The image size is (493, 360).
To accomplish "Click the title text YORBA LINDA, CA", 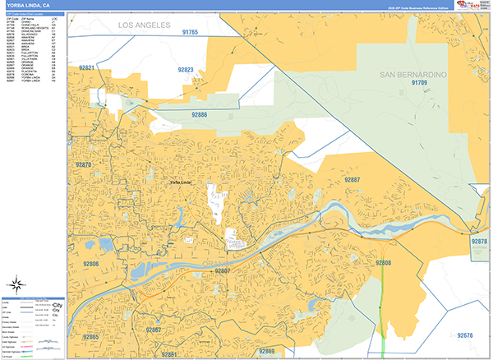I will coord(28,8).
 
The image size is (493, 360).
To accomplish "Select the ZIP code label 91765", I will coord(190,32).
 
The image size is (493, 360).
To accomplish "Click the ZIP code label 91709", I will coord(420,83).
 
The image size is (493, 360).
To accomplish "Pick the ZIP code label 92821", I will coord(88,67).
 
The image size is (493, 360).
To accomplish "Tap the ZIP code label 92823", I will coord(185,71).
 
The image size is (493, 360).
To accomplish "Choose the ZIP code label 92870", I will coord(84,165).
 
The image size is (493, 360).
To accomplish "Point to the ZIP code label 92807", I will coord(221,270).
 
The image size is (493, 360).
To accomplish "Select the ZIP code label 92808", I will coord(384,263).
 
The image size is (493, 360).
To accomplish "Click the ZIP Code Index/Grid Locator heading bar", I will coord(34,14).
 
